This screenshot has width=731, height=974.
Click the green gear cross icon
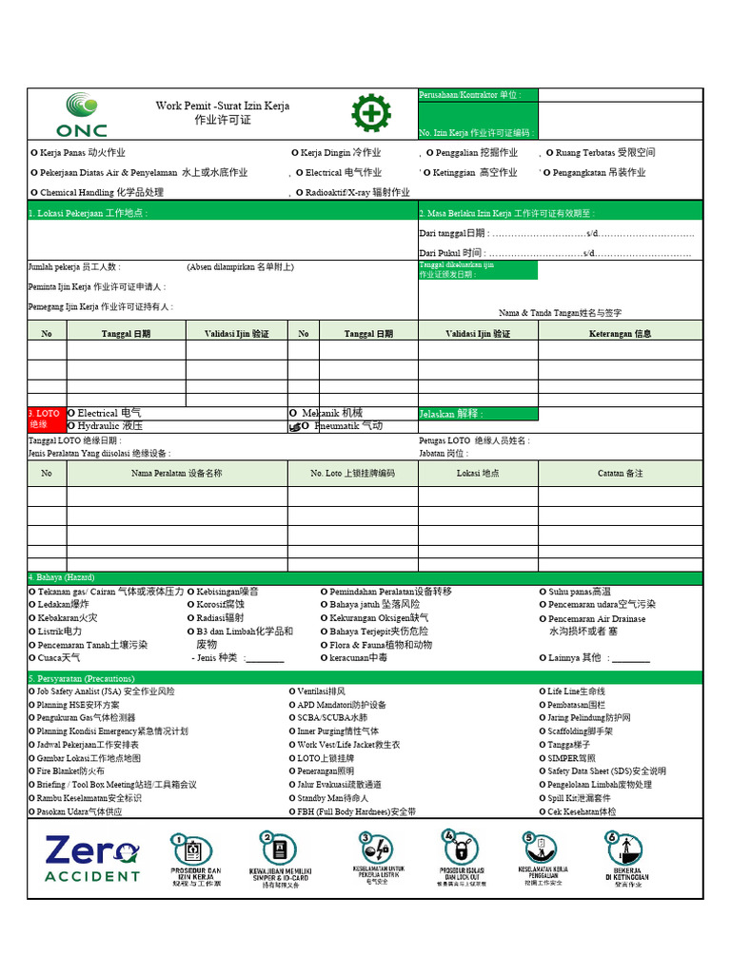tap(370, 114)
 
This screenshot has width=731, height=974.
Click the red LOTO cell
tap(46, 419)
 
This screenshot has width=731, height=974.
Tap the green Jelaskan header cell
tap(477, 415)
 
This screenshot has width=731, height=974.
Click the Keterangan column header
tap(621, 334)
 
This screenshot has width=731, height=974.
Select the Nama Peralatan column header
tap(177, 473)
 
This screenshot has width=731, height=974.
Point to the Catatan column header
tap(621, 473)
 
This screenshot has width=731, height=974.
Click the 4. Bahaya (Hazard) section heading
tap(62, 577)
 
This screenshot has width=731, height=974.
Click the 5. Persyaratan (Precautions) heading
tap(82, 678)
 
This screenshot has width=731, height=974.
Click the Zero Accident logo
tap(91, 859)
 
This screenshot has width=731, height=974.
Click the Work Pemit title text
tap(223, 107)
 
